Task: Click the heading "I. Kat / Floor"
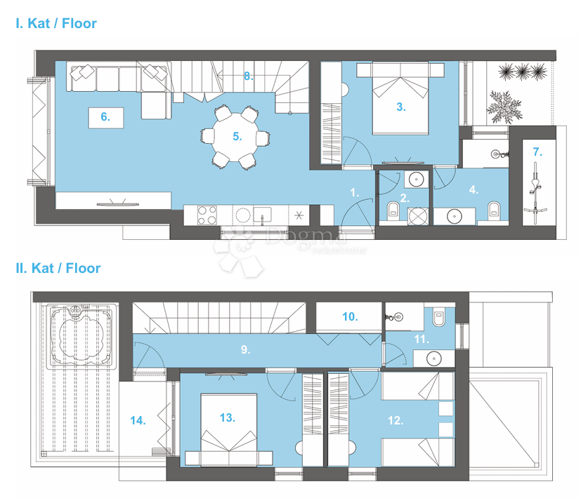point(56,23)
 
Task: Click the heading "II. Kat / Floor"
point(58,268)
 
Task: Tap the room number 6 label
point(105,117)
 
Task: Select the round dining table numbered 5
point(237,137)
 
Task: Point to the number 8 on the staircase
point(248,76)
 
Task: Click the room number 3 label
point(400,107)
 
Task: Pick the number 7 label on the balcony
point(537,152)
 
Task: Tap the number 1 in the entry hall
point(355,191)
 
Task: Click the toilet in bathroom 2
point(393,208)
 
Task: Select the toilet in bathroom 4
point(494,208)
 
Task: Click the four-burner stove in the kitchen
point(207,215)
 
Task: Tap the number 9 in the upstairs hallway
point(245,349)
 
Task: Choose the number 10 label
point(350,316)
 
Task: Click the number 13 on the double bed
point(226,417)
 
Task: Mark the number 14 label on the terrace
point(138,420)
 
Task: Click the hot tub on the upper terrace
point(79,336)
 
